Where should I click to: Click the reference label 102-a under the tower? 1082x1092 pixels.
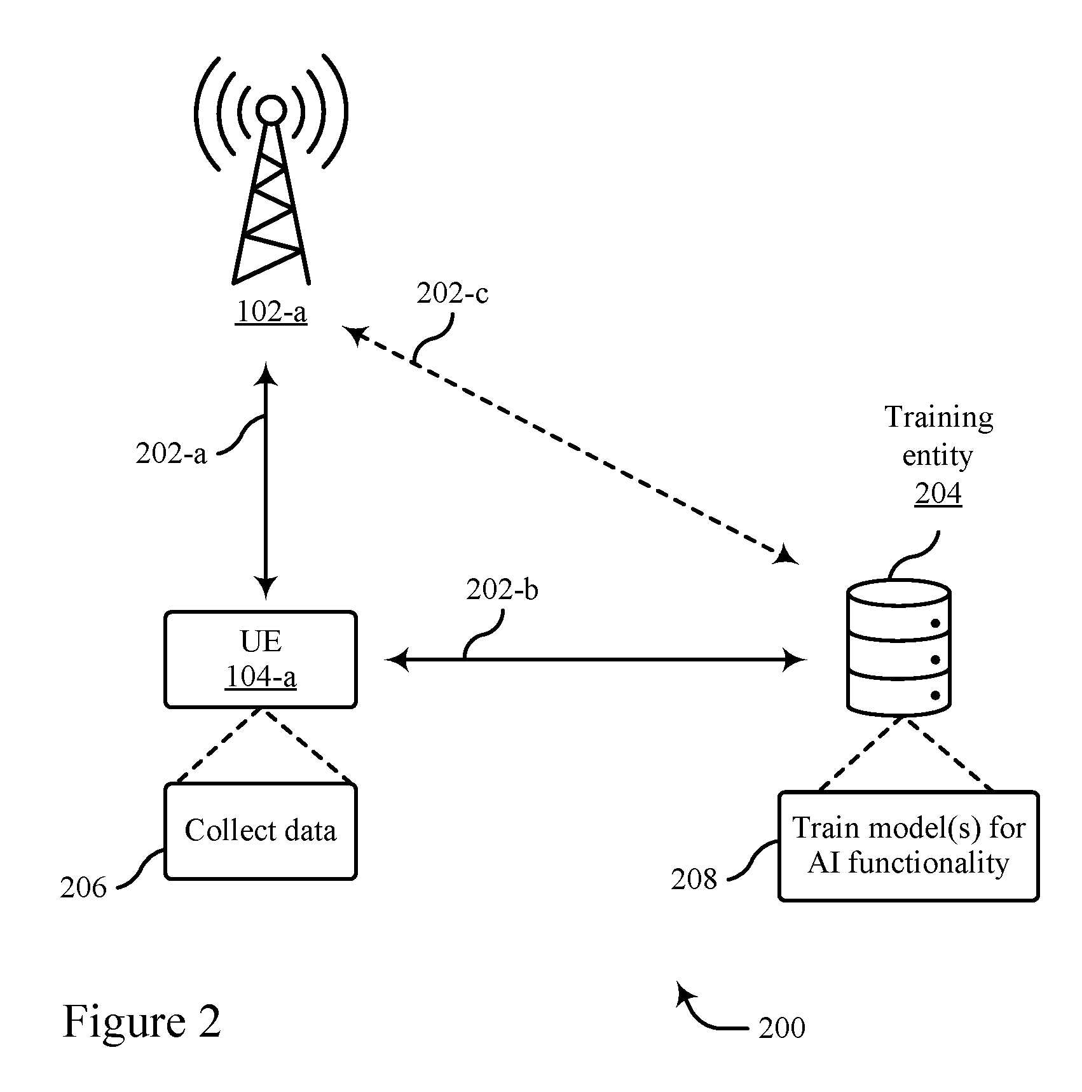tap(271, 312)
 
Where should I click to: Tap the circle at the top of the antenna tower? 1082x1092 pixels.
tap(271, 110)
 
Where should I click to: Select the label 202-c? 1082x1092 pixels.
tap(453, 294)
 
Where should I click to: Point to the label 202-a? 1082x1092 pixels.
tap(171, 454)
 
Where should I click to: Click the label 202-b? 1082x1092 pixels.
tap(502, 590)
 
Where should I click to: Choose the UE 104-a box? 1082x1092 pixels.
tap(261, 660)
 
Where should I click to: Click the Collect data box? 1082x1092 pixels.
tap(261, 831)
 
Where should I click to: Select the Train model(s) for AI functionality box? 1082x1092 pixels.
tap(908, 846)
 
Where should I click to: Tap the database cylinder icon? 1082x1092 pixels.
tap(899, 648)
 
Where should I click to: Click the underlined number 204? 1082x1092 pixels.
tap(938, 494)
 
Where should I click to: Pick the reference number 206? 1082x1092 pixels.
tap(83, 888)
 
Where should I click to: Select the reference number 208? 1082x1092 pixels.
tap(694, 880)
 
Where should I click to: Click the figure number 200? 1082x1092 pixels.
tap(782, 1028)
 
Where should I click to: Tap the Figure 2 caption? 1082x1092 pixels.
tap(142, 1022)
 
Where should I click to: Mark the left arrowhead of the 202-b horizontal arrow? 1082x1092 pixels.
tap(397, 660)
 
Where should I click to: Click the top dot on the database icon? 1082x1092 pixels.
tap(935, 624)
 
